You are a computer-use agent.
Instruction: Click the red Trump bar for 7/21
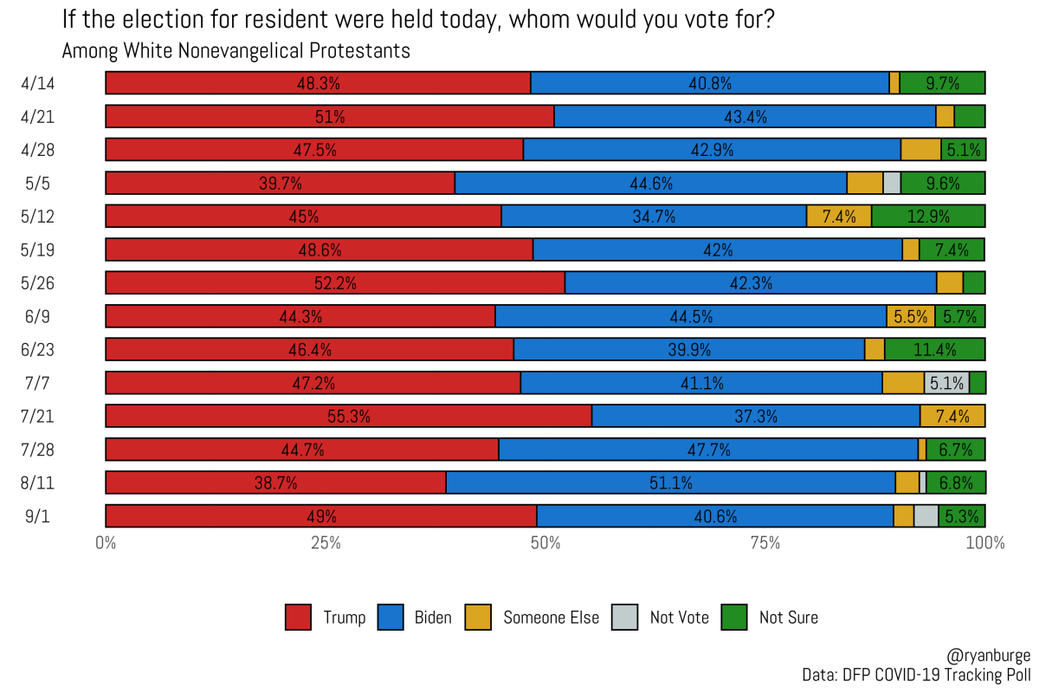348,416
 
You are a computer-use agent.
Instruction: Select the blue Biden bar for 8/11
670,483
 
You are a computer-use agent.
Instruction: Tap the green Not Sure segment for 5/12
928,216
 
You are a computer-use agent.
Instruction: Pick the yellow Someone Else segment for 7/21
952,416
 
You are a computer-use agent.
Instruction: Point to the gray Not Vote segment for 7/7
946,383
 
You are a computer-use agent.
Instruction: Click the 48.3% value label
318,83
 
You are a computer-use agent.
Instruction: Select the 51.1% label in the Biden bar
670,483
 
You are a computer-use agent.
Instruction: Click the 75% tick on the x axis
765,544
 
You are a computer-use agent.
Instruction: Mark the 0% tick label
106,544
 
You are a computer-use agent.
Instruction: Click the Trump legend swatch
298,618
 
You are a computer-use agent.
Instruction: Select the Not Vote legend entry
679,618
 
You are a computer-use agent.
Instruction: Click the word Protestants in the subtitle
363,51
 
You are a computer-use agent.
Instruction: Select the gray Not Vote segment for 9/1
926,515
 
